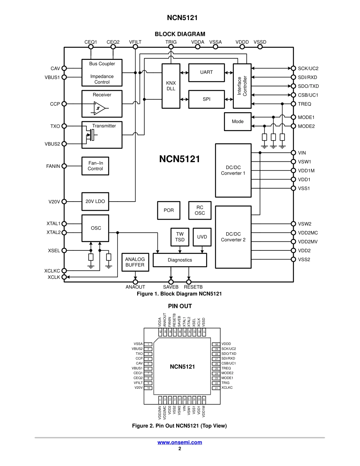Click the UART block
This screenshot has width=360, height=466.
[207, 72]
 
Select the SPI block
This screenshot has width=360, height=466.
[207, 99]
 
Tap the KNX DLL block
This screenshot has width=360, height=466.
[171, 86]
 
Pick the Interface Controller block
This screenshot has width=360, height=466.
[242, 86]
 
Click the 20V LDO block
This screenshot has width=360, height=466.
[95, 202]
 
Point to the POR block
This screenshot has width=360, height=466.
[169, 210]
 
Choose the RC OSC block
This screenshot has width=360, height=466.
[200, 210]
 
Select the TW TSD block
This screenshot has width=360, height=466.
[180, 237]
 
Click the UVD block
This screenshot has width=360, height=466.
[202, 237]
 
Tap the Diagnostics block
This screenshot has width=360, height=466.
[180, 260]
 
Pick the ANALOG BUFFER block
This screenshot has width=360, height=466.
[135, 262]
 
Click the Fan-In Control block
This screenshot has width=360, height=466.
[95, 166]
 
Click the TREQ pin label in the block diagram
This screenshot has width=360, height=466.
[304, 104]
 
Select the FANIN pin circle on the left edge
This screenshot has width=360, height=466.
[64, 166]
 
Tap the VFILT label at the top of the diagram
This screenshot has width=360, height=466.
[135, 42]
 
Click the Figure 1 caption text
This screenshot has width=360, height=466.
[179, 294]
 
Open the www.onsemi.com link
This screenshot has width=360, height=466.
[180, 442]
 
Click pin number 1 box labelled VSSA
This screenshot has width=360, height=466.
[149, 344]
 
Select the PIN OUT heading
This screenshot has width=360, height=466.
[180, 306]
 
